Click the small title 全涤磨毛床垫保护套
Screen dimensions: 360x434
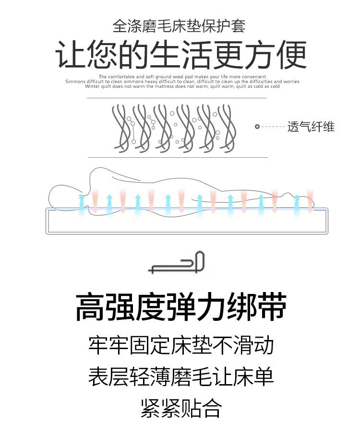(179, 25)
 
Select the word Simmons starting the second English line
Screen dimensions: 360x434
(75, 82)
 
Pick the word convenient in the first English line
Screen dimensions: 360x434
(254, 77)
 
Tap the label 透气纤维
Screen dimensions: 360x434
(311, 127)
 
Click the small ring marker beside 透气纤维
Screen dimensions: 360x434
(257, 127)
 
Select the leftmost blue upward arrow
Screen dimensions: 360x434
(81, 203)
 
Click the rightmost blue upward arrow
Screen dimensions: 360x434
(297, 203)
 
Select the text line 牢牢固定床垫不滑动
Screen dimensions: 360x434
(180, 345)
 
